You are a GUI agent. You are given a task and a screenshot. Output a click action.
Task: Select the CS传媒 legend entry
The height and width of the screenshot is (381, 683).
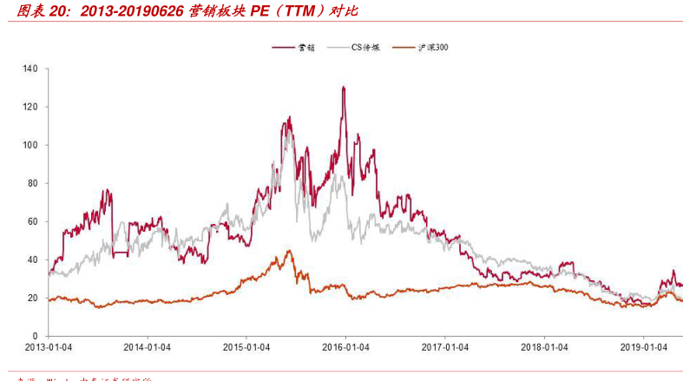[363, 46]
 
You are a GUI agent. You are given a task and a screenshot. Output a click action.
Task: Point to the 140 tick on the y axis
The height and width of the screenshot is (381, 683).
[30, 69]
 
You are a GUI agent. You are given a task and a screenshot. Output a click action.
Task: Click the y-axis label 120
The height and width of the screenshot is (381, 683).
[30, 107]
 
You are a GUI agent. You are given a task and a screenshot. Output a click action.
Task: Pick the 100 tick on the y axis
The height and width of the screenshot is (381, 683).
[30, 145]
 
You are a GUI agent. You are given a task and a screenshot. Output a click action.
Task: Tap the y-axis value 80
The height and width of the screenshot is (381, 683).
[33, 183]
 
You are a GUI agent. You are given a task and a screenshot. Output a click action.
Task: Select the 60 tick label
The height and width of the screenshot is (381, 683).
[33, 221]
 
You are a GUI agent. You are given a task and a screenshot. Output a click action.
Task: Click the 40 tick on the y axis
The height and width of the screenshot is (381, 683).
[33, 259]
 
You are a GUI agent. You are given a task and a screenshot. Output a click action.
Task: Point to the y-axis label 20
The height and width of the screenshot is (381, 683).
[33, 298]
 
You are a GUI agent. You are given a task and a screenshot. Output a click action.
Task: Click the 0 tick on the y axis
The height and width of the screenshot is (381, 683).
[36, 336]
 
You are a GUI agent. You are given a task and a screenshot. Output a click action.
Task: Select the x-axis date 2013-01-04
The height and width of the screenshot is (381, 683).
[49, 347]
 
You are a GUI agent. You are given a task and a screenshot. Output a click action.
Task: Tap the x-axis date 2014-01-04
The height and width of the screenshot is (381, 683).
[148, 347]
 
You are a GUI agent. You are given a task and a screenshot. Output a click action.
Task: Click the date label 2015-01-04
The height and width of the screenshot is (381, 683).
[246, 347]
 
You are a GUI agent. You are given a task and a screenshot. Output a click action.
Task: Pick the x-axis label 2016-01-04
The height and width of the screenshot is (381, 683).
[345, 347]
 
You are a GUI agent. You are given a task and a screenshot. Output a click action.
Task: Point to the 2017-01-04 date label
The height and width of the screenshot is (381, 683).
[444, 347]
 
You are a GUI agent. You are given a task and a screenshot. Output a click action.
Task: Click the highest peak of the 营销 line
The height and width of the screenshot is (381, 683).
[344, 87]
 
